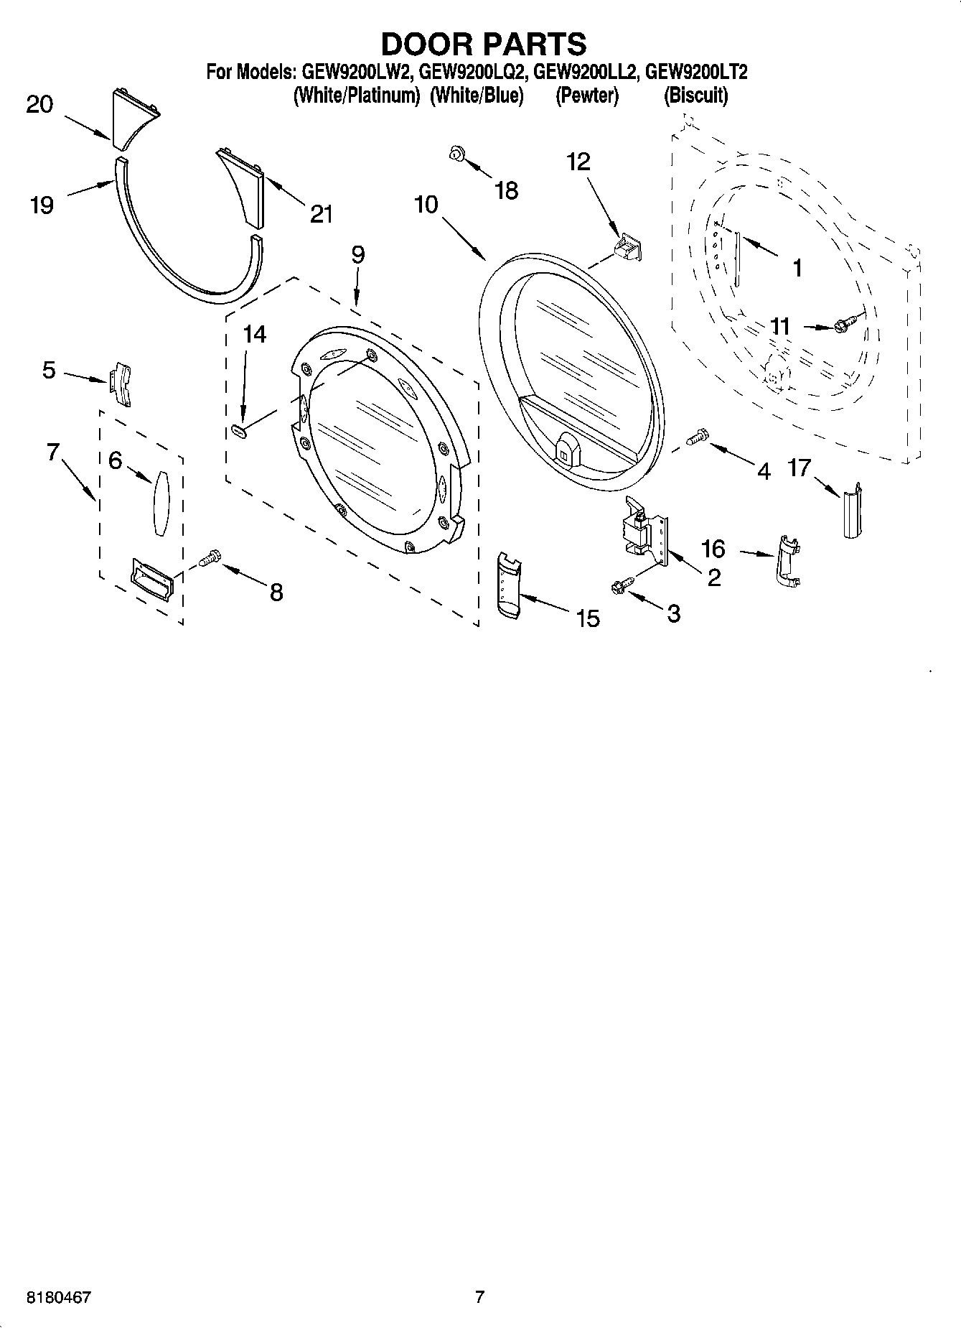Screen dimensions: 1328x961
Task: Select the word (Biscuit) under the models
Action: point(695,96)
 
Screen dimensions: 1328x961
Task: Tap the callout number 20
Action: point(39,105)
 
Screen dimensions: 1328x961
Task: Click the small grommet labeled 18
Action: point(456,152)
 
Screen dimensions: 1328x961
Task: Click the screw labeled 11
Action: point(848,325)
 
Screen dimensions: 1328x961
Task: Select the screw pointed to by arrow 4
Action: point(697,436)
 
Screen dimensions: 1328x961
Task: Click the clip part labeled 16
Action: point(788,561)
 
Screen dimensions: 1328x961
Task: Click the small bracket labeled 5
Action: point(121,384)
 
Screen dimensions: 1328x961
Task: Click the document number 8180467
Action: point(59,1298)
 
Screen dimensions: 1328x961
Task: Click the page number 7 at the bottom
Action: point(479,1297)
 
